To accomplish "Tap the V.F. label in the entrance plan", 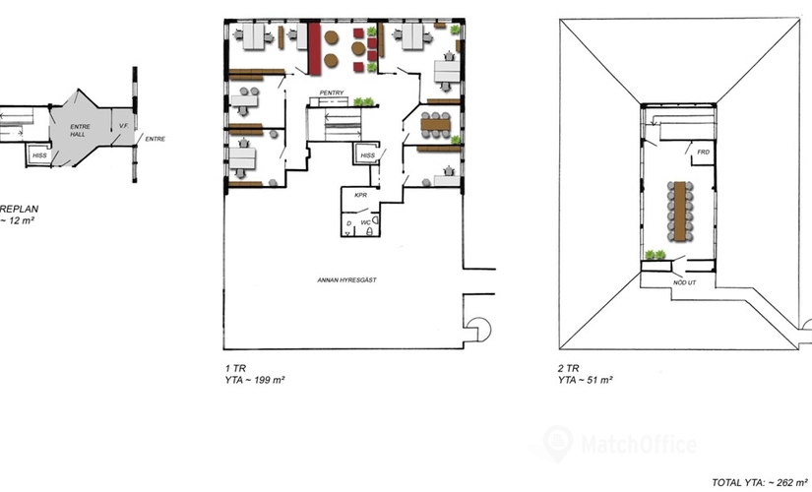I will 124,127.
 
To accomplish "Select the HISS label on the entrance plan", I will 39,155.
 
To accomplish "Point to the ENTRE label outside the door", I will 155,139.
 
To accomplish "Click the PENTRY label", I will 331,94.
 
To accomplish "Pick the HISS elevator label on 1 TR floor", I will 367,155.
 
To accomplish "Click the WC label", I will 365,223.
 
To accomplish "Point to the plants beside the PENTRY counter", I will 363,101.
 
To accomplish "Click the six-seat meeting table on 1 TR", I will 435,125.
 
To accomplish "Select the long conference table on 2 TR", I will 678,208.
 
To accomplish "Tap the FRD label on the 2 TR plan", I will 703,153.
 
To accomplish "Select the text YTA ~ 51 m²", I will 585,379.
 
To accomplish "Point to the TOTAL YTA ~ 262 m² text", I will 760,481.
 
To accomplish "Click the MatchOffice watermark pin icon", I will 557,443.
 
